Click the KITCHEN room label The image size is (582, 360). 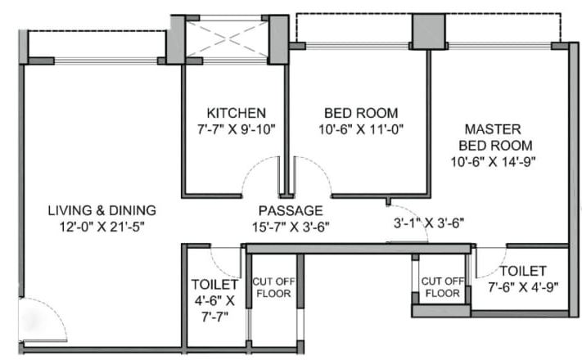click(235, 113)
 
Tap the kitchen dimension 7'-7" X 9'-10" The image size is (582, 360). click(235, 128)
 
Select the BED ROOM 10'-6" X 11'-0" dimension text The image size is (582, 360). click(361, 128)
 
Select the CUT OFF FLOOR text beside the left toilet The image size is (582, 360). click(274, 287)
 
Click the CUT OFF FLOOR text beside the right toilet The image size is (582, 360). click(442, 287)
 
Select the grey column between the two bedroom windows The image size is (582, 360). click(426, 32)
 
